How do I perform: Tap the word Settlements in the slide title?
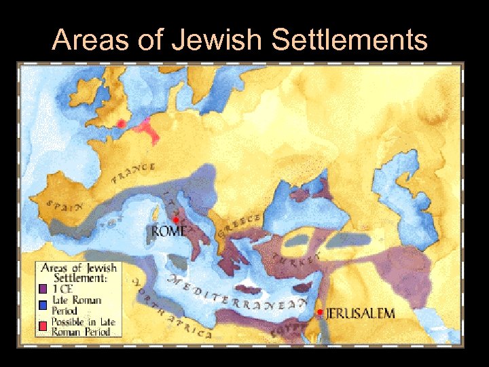(x=349, y=41)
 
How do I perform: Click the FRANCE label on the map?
(x=134, y=175)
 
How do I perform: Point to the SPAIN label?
(x=61, y=205)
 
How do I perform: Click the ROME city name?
(x=169, y=231)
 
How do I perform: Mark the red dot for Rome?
(x=175, y=220)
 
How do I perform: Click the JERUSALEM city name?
(x=360, y=313)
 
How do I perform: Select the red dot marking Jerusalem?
(x=320, y=312)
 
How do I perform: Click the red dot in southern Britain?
(x=122, y=124)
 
